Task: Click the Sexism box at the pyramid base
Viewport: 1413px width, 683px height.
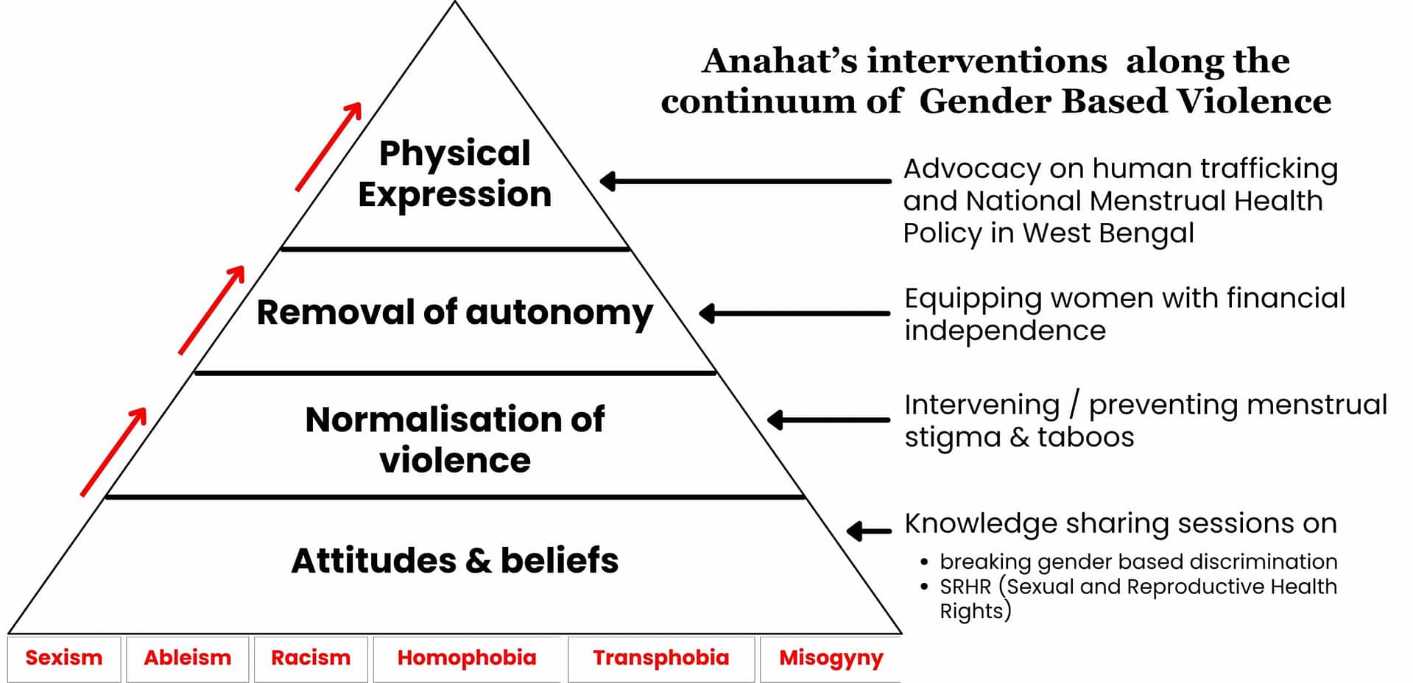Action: pyautogui.click(x=64, y=657)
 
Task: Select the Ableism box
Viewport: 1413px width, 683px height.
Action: pyautogui.click(x=187, y=657)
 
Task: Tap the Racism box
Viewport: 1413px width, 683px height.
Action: pyautogui.click(x=311, y=657)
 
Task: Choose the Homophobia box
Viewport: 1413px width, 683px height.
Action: pyautogui.click(x=467, y=657)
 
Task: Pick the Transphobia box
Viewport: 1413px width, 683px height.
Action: pyautogui.click(x=660, y=657)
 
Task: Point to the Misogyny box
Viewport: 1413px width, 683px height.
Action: pyautogui.click(x=831, y=657)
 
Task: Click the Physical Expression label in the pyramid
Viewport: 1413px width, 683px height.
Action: pyautogui.click(x=455, y=174)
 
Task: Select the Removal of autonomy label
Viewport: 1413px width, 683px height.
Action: pyautogui.click(x=454, y=312)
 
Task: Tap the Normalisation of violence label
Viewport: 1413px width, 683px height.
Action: pyautogui.click(x=455, y=439)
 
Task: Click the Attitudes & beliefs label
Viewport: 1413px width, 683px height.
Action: pyautogui.click(x=455, y=560)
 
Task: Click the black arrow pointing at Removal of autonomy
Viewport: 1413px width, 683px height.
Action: pyautogui.click(x=794, y=314)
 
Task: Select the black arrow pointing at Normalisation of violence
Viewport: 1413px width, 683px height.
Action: pyautogui.click(x=828, y=420)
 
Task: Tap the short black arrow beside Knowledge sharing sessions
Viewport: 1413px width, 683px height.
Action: pyautogui.click(x=869, y=531)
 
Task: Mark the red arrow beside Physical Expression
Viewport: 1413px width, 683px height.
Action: pyautogui.click(x=329, y=146)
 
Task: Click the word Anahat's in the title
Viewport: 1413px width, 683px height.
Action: pyautogui.click(x=780, y=61)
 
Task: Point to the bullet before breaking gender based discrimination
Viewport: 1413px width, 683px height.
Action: pyautogui.click(x=924, y=562)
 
